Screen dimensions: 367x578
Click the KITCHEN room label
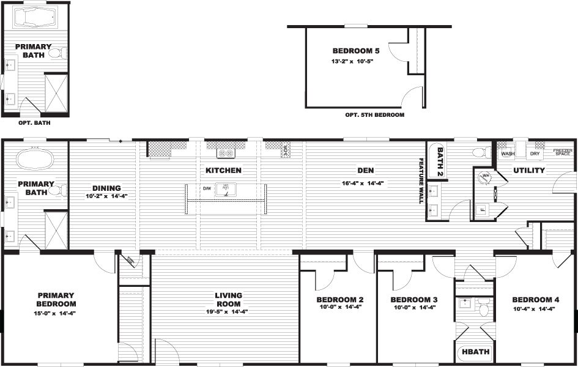pos(223,170)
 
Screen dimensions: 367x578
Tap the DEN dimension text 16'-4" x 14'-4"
pos(362,183)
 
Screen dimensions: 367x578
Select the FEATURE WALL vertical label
pos(421,180)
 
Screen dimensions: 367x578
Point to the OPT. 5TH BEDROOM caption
pos(374,114)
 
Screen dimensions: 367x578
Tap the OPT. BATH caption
pos(34,122)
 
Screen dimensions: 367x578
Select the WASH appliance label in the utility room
pos(508,154)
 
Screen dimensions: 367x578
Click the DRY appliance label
pos(535,154)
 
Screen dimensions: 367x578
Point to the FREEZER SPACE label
pos(562,152)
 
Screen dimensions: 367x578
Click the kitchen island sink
pos(226,190)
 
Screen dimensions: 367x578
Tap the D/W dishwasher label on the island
pos(207,188)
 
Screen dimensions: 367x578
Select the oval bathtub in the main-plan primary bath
pos(34,160)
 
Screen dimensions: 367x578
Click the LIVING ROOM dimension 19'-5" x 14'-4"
pos(228,311)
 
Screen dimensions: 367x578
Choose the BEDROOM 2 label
pos(340,300)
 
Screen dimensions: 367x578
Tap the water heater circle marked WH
pos(486,177)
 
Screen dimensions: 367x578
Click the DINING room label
pos(106,188)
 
